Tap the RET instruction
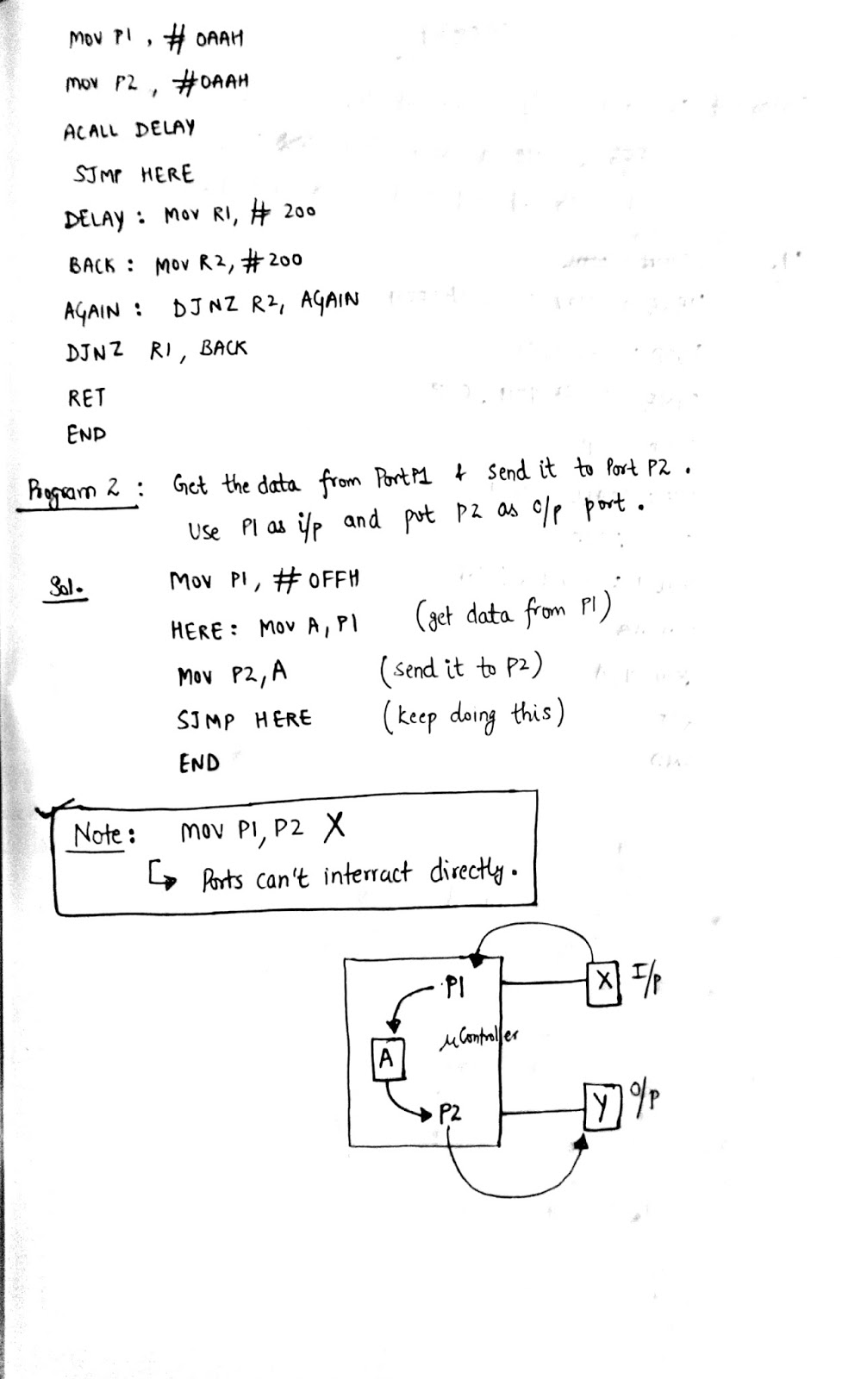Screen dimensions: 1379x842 click(x=86, y=397)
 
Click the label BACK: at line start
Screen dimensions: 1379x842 click(x=99, y=265)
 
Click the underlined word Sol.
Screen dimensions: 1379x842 click(x=64, y=590)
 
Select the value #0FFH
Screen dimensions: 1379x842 click(x=316, y=579)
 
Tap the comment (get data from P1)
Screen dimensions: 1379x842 click(x=513, y=614)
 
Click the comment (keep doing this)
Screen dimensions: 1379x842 click(x=473, y=716)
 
